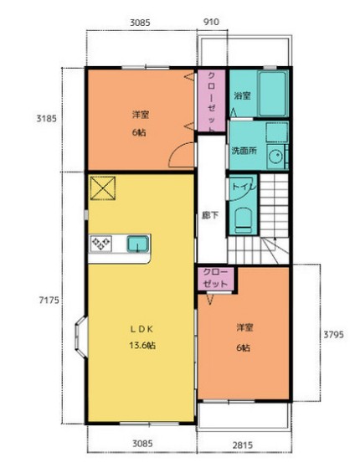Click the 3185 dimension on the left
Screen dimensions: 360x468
[x=46, y=119]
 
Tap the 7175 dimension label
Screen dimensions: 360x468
[x=49, y=300]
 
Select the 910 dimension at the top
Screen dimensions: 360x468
[x=211, y=22]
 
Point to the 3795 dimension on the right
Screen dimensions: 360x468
[x=334, y=334]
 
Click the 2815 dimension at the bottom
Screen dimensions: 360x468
[x=243, y=445]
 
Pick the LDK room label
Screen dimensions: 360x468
[x=141, y=329]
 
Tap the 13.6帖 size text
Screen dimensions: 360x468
[x=142, y=345]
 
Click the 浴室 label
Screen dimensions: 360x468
[x=242, y=95]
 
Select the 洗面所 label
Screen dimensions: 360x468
[x=244, y=151]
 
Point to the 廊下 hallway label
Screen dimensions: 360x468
[x=210, y=215]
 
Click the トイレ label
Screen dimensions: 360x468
[x=244, y=187]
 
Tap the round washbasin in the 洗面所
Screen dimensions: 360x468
[x=275, y=156]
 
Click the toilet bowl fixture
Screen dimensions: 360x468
[x=243, y=220]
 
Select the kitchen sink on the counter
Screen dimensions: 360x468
[x=138, y=244]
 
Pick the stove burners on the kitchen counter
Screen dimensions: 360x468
[x=101, y=244]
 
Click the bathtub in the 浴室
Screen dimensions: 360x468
[x=272, y=94]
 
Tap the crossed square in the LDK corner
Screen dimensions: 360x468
[x=103, y=188]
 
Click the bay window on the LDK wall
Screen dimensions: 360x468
[x=81, y=337]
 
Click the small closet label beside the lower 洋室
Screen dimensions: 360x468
[x=215, y=278]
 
